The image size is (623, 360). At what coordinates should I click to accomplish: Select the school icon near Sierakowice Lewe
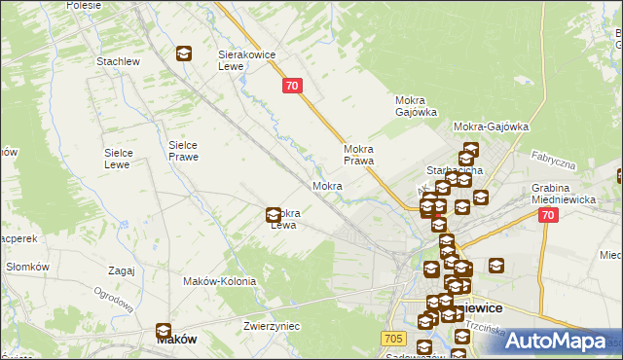[x=184, y=55]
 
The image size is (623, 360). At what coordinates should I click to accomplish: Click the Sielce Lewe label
[x=124, y=159]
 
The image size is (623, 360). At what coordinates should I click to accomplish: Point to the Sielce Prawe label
[x=183, y=150]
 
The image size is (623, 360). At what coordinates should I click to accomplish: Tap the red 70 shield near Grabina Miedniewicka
[x=549, y=216]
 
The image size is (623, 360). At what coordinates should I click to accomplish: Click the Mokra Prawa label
[x=359, y=156]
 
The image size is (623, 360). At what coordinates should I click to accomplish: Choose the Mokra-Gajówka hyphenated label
[x=491, y=126]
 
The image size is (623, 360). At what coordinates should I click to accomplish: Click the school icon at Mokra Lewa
[x=275, y=215]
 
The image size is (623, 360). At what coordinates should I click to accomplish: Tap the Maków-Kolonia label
[x=219, y=281]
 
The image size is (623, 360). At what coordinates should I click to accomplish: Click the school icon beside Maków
[x=164, y=331]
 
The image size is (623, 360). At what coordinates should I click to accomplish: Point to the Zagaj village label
[x=122, y=270]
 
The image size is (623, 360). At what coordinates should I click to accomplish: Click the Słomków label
[x=27, y=267]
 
